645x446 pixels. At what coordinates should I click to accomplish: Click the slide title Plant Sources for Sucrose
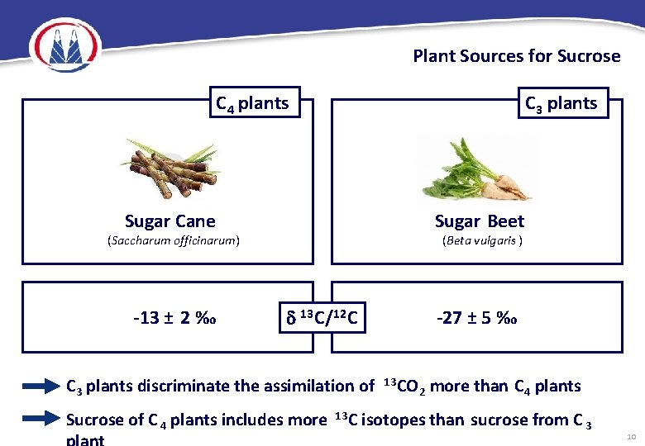point(516,56)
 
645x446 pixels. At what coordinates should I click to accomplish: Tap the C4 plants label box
point(252,103)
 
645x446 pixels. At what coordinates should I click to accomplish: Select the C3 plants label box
point(561,103)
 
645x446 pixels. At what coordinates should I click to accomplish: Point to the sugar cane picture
point(169,168)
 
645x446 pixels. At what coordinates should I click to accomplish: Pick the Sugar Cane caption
point(170,221)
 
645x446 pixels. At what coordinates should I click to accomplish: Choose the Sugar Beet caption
point(480,221)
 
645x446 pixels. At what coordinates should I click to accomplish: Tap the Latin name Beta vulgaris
point(481,241)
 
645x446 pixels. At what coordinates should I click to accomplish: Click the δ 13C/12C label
point(318,317)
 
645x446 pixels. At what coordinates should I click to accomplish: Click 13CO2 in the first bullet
point(404,385)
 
